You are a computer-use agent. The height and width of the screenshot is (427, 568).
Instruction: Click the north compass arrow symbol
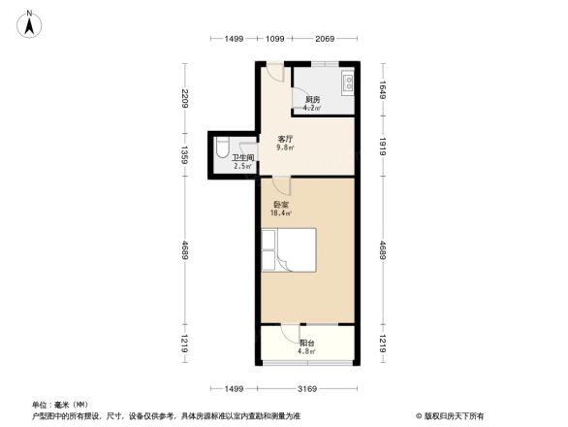pos(32,22)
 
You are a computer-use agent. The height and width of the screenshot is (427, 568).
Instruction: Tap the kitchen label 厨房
pos(313,100)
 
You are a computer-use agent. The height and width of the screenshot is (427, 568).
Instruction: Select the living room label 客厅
pos(286,140)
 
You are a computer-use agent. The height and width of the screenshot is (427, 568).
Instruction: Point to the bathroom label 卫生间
pos(242,157)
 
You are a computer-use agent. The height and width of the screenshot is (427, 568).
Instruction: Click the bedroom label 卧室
pos(281,205)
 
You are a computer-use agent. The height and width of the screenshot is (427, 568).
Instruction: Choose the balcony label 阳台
pos(306,343)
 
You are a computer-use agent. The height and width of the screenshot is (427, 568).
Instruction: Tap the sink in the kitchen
pos(346,82)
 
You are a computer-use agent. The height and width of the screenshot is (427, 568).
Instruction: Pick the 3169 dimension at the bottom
pos(307,389)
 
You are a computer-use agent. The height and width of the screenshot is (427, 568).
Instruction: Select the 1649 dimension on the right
pos(383,89)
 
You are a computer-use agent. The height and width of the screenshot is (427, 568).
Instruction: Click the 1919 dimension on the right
pos(383,147)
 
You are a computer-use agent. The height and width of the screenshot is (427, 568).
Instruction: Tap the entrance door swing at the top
pos(276,73)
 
